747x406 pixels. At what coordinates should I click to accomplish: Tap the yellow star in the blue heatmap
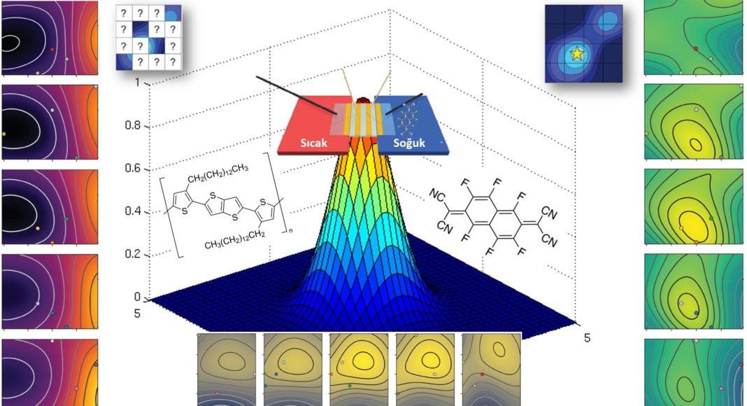pos(576,53)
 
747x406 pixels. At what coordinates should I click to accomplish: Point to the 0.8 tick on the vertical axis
pos(141,126)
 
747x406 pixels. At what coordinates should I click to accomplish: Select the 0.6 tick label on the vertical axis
pos(141,169)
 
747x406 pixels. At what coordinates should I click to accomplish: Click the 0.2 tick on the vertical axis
pos(141,254)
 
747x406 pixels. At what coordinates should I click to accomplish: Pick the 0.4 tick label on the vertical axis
pos(141,211)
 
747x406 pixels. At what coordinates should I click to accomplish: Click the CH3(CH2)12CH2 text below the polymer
pos(236,245)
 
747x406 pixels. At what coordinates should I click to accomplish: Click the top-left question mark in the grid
pos(124,13)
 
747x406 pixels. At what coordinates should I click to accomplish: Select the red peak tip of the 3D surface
pos(363,104)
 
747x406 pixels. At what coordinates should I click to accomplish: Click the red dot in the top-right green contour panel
pos(695,48)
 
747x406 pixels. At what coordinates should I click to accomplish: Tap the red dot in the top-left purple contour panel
pos(52,50)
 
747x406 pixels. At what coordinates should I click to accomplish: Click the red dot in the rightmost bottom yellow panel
pos(482,374)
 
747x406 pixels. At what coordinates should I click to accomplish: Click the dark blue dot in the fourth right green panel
pos(697,312)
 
